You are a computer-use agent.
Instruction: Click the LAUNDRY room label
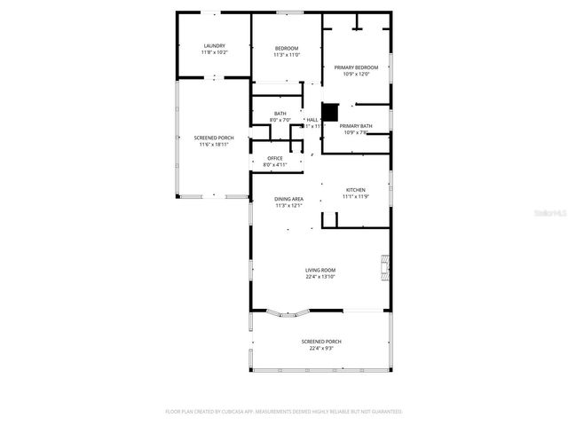(x=214, y=46)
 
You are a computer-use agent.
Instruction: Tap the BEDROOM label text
(x=286, y=48)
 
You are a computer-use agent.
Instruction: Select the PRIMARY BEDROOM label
(x=356, y=67)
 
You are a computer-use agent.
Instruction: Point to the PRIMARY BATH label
(x=356, y=126)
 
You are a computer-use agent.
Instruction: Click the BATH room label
(x=280, y=114)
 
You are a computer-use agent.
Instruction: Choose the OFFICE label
(x=275, y=158)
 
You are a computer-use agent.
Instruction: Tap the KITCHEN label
(x=355, y=190)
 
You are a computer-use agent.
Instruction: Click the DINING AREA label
(x=289, y=199)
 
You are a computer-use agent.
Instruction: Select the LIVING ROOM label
(x=320, y=271)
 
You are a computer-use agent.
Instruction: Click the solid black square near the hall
(x=330, y=113)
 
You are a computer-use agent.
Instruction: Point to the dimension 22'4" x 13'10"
(x=320, y=278)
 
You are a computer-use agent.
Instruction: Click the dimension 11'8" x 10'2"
(x=214, y=52)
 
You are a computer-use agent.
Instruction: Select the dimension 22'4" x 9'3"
(x=320, y=348)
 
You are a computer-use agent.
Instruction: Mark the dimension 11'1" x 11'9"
(x=355, y=196)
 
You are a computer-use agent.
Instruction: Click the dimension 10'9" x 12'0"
(x=356, y=74)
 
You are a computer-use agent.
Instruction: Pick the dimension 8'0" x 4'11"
(x=275, y=164)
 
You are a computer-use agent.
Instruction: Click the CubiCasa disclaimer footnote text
(x=284, y=412)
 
